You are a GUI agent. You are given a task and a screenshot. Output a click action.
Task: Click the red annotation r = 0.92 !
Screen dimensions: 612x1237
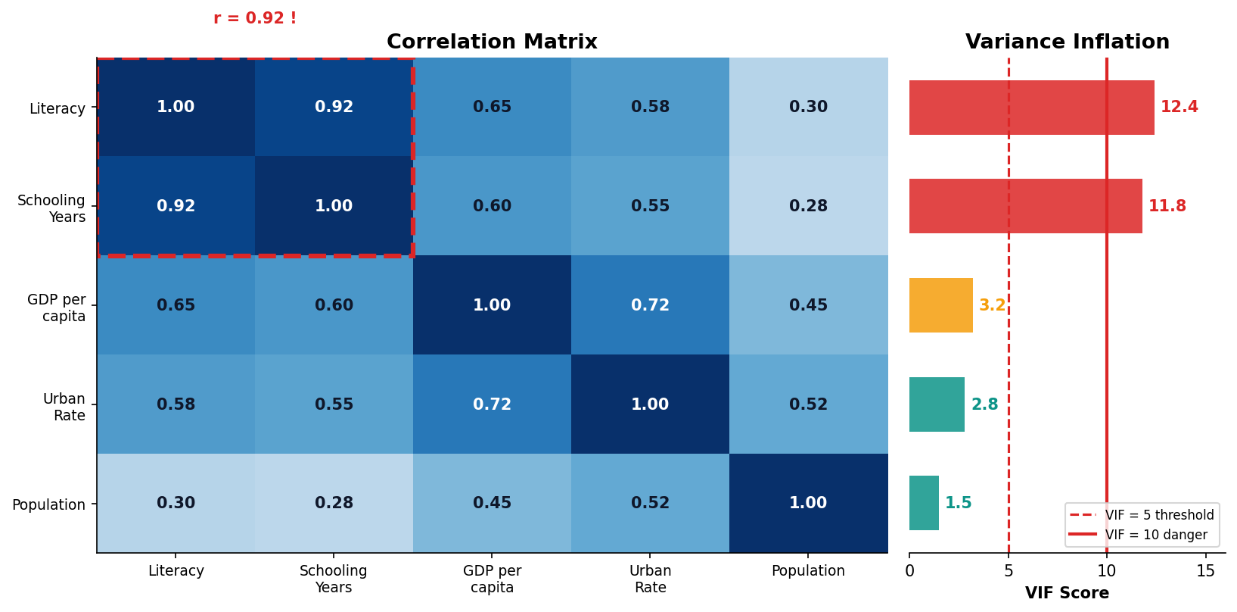pos(255,18)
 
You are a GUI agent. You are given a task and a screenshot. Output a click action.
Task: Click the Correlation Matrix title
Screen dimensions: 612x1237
pos(492,42)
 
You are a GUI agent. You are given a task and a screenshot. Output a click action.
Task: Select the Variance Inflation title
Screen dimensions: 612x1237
pos(1067,42)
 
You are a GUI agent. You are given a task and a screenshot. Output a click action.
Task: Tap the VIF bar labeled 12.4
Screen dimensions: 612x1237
pos(1031,108)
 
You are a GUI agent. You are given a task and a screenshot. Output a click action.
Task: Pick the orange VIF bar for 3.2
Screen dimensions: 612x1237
pos(940,305)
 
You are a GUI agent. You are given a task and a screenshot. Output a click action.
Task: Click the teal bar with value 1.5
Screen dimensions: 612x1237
pos(924,503)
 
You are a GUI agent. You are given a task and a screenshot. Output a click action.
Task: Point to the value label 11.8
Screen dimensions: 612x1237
pos(1167,206)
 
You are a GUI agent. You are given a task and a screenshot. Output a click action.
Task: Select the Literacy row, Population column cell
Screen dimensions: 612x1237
pos(808,107)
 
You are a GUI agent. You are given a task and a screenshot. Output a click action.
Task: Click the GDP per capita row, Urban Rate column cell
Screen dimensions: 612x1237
pos(650,305)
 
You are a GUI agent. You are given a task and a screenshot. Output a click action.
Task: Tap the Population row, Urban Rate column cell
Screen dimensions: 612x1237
pos(650,503)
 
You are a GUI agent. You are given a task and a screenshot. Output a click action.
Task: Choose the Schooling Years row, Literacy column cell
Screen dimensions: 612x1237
pos(176,206)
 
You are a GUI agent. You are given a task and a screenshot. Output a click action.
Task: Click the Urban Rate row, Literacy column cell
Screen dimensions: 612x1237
pos(176,404)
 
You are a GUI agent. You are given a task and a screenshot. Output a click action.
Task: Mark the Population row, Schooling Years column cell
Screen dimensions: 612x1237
pos(334,503)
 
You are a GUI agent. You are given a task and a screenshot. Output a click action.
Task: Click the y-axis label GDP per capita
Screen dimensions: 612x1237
pos(57,308)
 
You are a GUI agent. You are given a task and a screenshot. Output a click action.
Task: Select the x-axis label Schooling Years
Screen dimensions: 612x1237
pos(334,579)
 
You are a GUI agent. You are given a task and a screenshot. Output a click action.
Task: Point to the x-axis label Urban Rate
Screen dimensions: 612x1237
pos(650,579)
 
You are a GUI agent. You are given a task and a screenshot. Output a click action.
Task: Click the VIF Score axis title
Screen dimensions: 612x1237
pos(1067,593)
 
